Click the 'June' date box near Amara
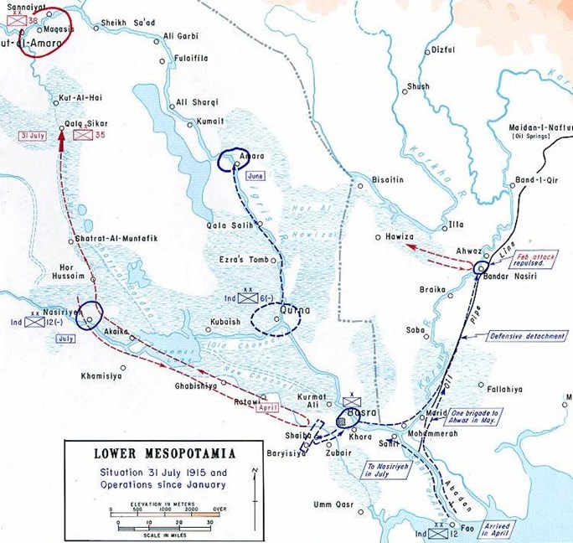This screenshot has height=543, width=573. pos(256,176)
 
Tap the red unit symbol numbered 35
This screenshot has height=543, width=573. pos(83,133)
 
